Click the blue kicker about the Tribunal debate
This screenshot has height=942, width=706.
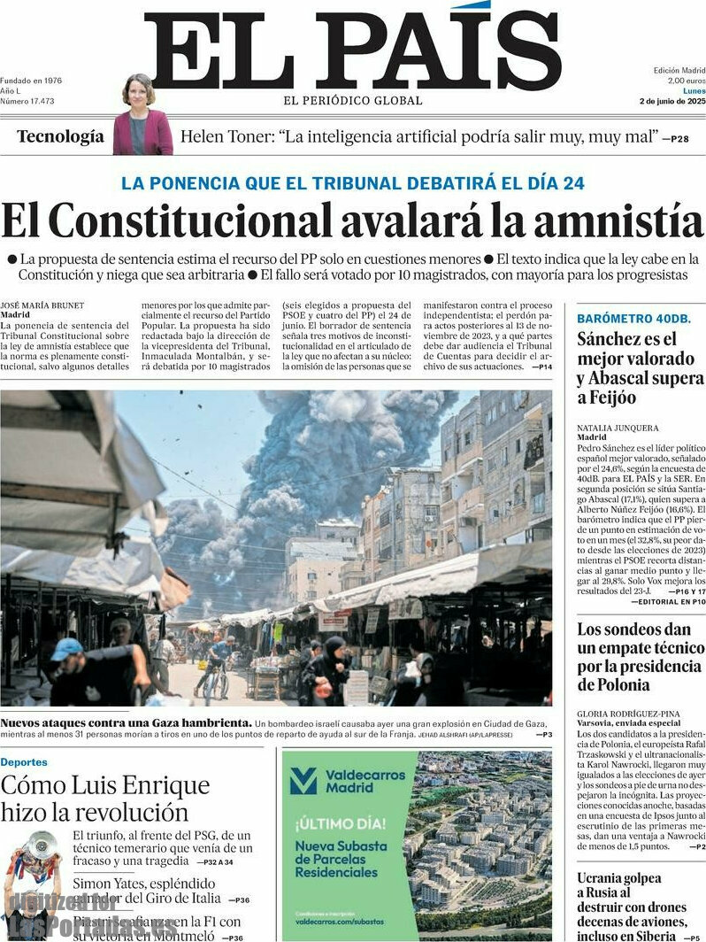pos(352,183)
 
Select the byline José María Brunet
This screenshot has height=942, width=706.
pos(42,305)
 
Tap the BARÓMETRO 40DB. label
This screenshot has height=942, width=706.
pos(634,318)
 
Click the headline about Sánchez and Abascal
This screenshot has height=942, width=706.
pos(640,367)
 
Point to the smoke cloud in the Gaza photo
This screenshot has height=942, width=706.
pos(345,452)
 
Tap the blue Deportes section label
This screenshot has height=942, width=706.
pos(24,762)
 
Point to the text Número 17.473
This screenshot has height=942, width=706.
pos(27,101)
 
